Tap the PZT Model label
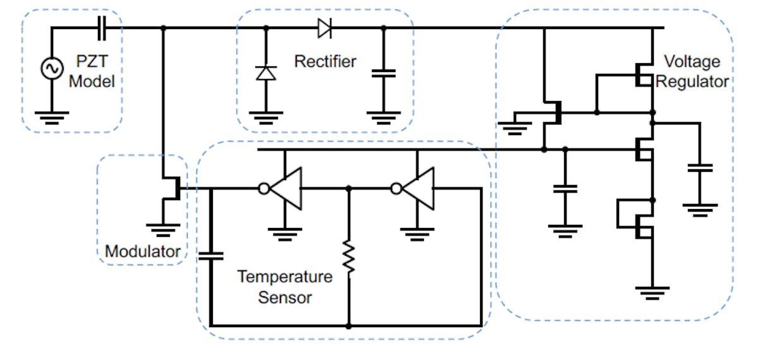pos(92,72)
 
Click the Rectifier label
pos(325,61)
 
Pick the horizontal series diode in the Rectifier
pos(325,28)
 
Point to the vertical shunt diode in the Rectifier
pos(265,73)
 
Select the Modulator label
pos(143,251)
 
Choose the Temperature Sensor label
pos(284,286)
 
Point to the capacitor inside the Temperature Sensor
pos(211,255)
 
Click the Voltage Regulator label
pos(692,71)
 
